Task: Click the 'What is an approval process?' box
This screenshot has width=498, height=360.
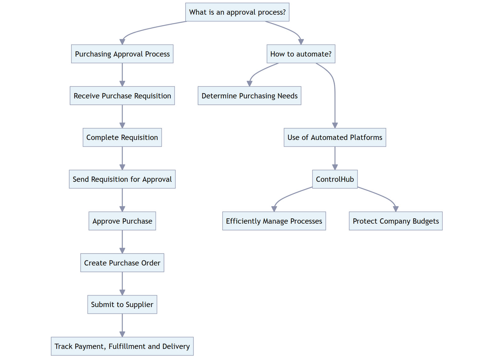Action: click(237, 12)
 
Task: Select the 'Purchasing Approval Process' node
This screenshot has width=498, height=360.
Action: click(122, 54)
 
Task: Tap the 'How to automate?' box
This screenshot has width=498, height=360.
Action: click(301, 54)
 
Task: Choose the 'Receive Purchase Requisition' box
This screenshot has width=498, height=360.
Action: click(122, 96)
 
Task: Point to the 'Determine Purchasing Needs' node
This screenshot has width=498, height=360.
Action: click(249, 96)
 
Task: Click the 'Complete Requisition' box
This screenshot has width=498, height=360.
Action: click(122, 137)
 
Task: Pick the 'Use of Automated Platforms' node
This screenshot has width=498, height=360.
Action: click(335, 137)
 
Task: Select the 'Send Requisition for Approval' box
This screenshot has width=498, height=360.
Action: click(122, 179)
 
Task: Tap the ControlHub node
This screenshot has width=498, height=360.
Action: click(335, 179)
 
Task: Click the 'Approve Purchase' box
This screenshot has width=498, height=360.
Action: click(122, 221)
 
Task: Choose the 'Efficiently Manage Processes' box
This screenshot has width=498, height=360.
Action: click(274, 221)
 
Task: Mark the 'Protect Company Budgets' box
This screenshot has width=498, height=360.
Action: click(396, 221)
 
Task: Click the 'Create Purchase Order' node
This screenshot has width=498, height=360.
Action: click(122, 263)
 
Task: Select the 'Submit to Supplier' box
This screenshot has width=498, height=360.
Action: click(122, 304)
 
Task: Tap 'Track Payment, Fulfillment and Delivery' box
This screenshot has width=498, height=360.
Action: click(122, 346)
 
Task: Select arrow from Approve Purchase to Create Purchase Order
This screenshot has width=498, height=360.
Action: click(122, 241)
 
